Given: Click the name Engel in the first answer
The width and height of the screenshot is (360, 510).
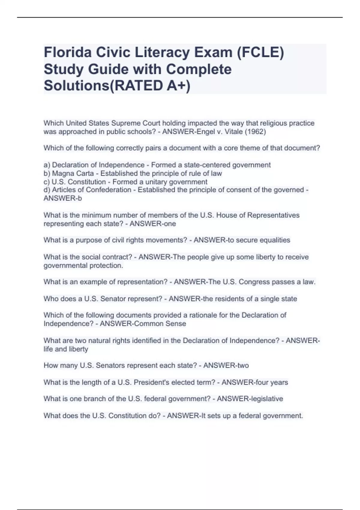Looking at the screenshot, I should tap(205, 132).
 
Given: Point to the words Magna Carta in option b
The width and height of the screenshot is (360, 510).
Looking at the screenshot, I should tap(73, 173).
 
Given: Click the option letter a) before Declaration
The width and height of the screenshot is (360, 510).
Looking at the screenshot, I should tap(47, 165).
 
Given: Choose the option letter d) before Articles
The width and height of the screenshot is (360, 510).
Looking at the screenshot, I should tap(47, 190).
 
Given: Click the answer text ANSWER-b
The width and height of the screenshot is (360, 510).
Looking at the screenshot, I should tap(63, 198).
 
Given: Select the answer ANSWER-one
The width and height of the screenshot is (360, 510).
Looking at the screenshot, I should tap(153, 224).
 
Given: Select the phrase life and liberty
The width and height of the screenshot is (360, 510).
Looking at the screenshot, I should tap(66, 349).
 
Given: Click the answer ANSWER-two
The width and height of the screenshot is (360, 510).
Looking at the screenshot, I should tap(226, 365).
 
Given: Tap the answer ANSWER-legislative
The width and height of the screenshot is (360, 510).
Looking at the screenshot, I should tap(250, 399).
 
